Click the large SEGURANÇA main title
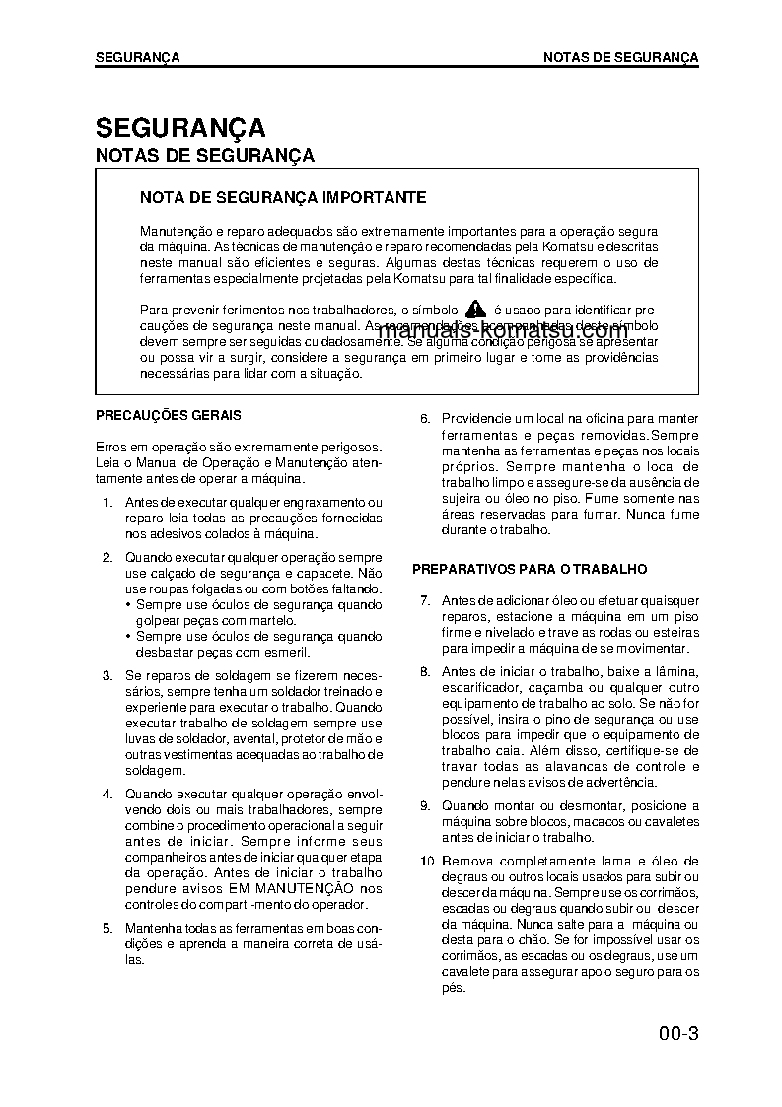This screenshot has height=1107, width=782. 180,128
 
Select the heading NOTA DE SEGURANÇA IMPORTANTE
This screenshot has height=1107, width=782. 283,197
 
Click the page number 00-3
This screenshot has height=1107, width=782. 679,1034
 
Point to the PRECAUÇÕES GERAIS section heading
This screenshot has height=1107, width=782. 168,416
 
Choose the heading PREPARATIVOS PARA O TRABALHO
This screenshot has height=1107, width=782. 529,569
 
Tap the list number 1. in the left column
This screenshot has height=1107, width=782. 107,503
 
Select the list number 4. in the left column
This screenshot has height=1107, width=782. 107,794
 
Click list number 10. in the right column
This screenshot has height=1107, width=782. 427,861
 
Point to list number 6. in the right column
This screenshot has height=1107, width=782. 425,419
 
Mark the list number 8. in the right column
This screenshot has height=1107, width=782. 425,671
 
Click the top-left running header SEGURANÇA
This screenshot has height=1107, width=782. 137,57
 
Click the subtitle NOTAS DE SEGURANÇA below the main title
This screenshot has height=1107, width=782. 204,155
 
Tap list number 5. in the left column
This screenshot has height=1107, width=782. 107,928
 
